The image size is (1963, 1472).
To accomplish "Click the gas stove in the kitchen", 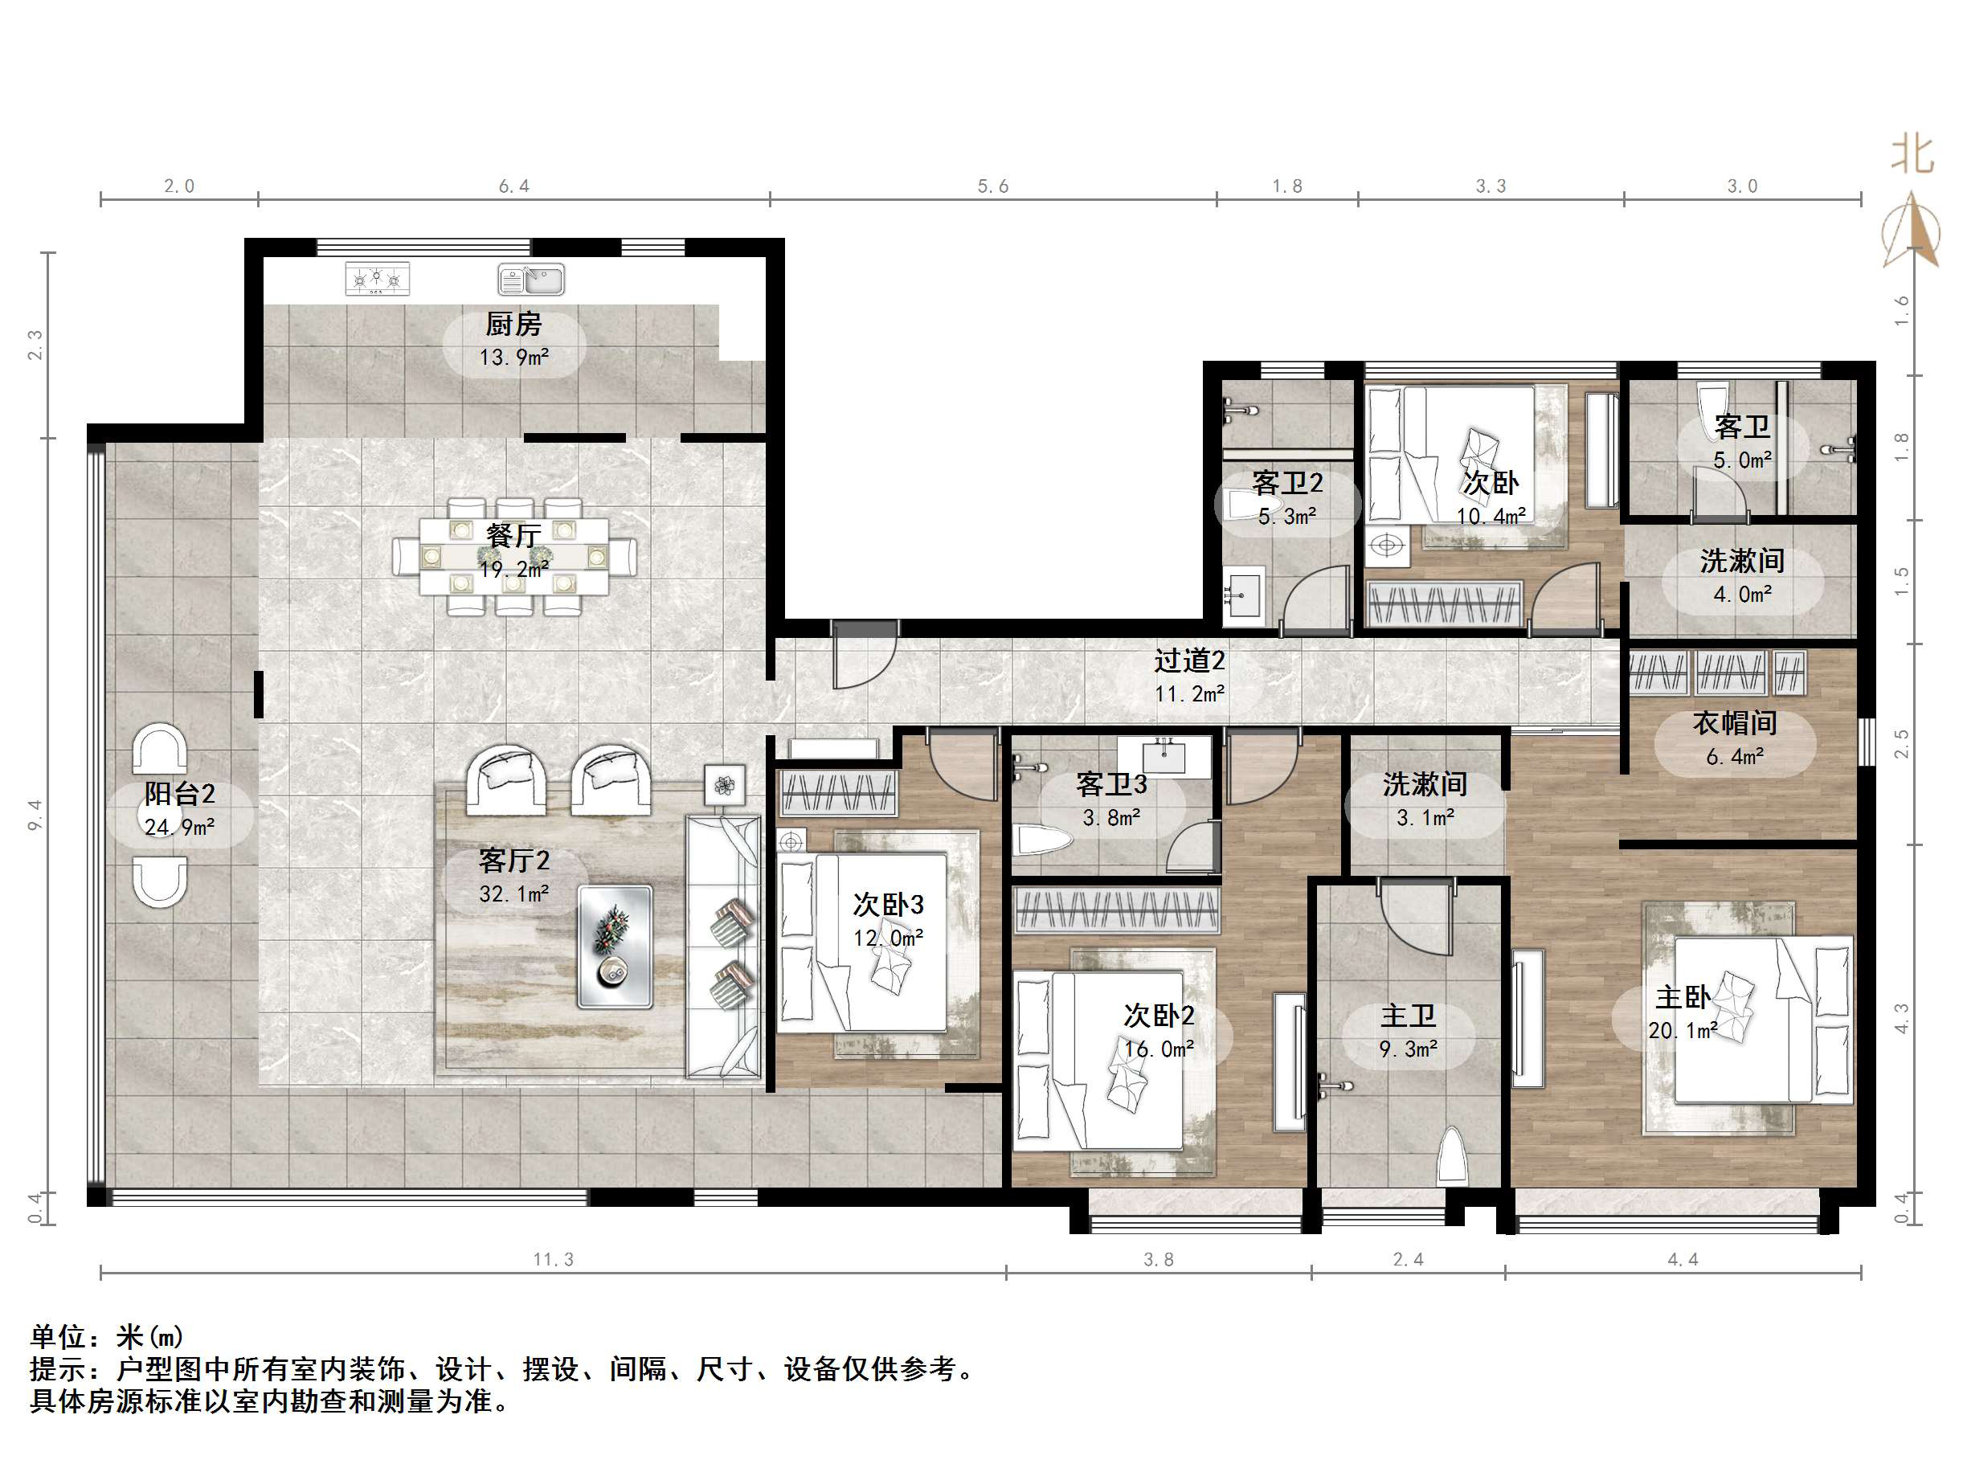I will (x=377, y=280).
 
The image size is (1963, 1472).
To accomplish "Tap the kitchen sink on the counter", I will (x=530, y=280).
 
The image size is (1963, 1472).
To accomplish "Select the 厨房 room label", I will (x=513, y=325).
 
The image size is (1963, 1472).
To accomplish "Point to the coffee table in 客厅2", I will (x=615, y=947).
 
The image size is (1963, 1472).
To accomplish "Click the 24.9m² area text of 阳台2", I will (x=180, y=827).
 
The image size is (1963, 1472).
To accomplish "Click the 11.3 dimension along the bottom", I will (x=553, y=1259).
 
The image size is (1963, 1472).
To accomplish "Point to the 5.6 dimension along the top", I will (x=993, y=186).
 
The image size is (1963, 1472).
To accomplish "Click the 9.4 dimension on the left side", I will (x=35, y=814).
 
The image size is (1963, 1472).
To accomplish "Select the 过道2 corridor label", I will (x=1189, y=660).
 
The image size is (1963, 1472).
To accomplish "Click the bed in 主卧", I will (x=1761, y=1020).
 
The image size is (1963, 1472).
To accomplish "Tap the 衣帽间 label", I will (x=1734, y=723).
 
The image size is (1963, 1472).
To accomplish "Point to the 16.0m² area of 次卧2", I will (x=1158, y=1049).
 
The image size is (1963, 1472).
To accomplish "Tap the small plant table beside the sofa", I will (x=725, y=785).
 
